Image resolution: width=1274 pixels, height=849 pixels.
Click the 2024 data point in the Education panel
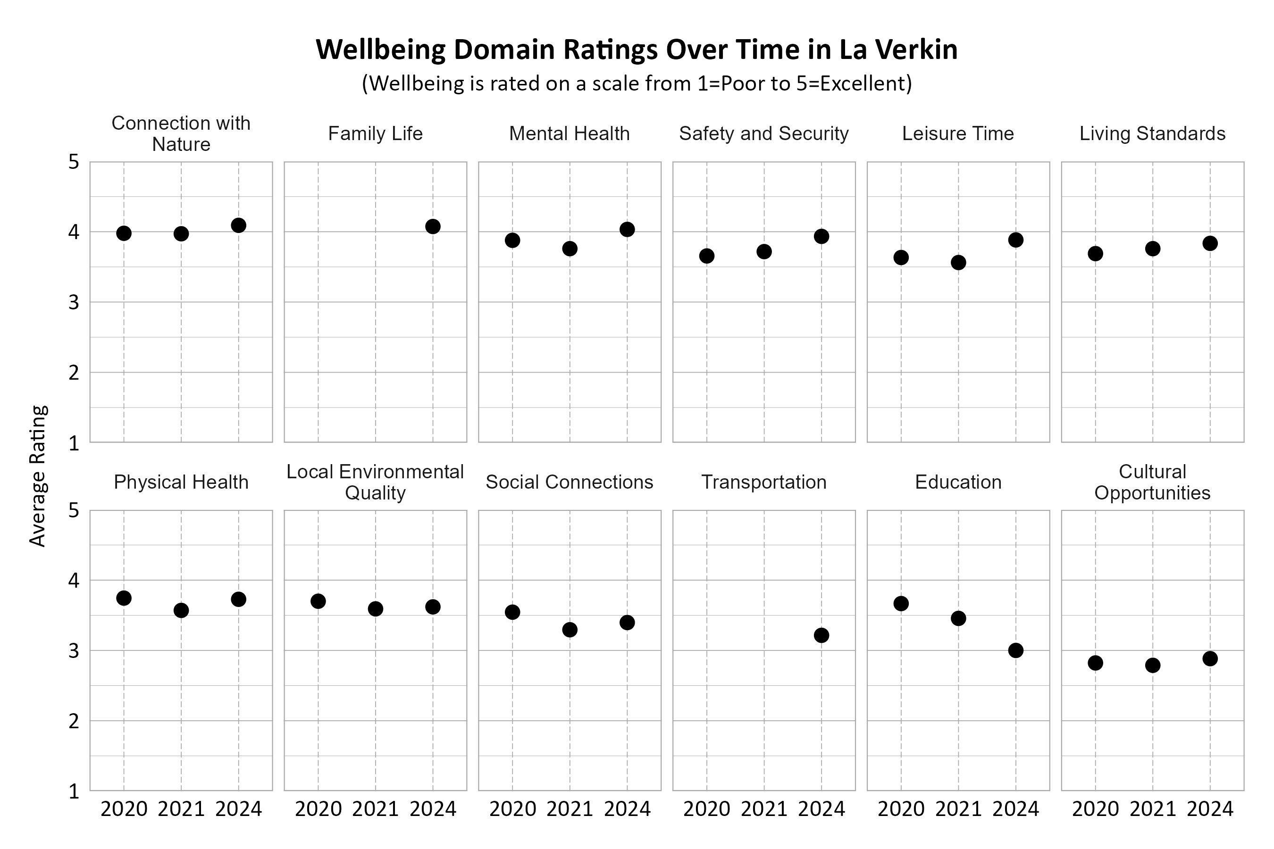(x=1015, y=650)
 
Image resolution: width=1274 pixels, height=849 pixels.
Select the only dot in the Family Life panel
(x=433, y=226)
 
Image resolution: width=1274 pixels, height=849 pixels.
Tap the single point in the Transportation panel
(x=821, y=635)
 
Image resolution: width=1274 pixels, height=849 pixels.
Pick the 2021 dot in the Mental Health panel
(x=570, y=249)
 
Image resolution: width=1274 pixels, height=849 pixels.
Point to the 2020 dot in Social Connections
(x=512, y=612)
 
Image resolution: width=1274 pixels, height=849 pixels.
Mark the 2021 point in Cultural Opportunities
(x=1153, y=665)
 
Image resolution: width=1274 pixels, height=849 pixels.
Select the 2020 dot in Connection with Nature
(x=124, y=233)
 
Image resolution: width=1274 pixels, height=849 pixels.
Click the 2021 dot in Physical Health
(x=182, y=610)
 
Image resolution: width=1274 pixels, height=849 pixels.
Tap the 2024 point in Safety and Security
(x=821, y=236)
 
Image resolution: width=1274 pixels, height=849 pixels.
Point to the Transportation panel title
(x=764, y=482)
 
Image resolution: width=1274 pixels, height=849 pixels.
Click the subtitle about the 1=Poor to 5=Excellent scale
(x=637, y=83)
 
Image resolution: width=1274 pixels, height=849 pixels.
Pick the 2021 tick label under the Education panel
(x=958, y=809)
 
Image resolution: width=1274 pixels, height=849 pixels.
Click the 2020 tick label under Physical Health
(x=124, y=809)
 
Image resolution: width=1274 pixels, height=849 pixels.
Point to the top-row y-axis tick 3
(x=74, y=303)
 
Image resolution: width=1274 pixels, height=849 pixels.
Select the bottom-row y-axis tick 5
(x=74, y=511)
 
